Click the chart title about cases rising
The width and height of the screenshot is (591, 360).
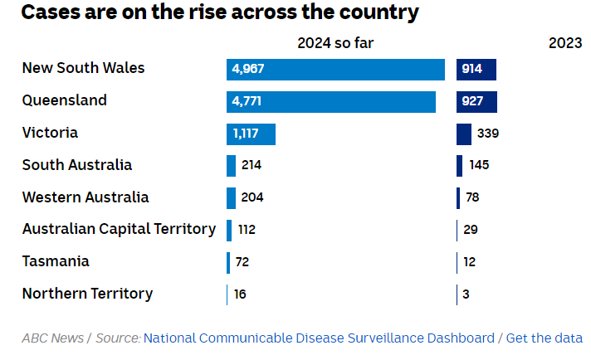pos(220,13)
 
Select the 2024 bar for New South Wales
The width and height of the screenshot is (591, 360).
pos(335,69)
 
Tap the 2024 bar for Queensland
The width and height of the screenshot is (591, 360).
pos(330,101)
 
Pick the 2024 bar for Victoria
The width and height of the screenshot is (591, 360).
pos(251,134)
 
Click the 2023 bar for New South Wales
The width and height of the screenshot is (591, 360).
pos(476,69)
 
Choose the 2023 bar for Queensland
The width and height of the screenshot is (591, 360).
pos(476,101)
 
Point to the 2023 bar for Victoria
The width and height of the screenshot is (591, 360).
pos(464,134)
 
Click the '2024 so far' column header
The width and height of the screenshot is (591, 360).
pos(335,44)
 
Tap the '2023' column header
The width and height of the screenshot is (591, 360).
pos(565,44)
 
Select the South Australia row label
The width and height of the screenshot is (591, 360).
pos(77,165)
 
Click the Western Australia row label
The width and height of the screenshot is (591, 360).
pos(85,197)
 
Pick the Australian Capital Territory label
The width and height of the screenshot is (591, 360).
pos(119,229)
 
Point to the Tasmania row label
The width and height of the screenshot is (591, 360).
pos(56,261)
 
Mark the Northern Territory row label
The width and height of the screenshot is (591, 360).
pos(87,294)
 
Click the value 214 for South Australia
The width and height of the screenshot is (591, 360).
pos(252,165)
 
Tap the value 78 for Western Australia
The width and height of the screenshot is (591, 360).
pos(472,197)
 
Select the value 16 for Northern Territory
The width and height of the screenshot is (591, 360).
pos(240,294)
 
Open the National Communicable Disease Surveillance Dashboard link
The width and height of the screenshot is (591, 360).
pos(319,338)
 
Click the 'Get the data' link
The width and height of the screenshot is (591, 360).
pos(544,338)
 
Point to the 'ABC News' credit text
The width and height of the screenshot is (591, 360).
pos(52,338)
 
